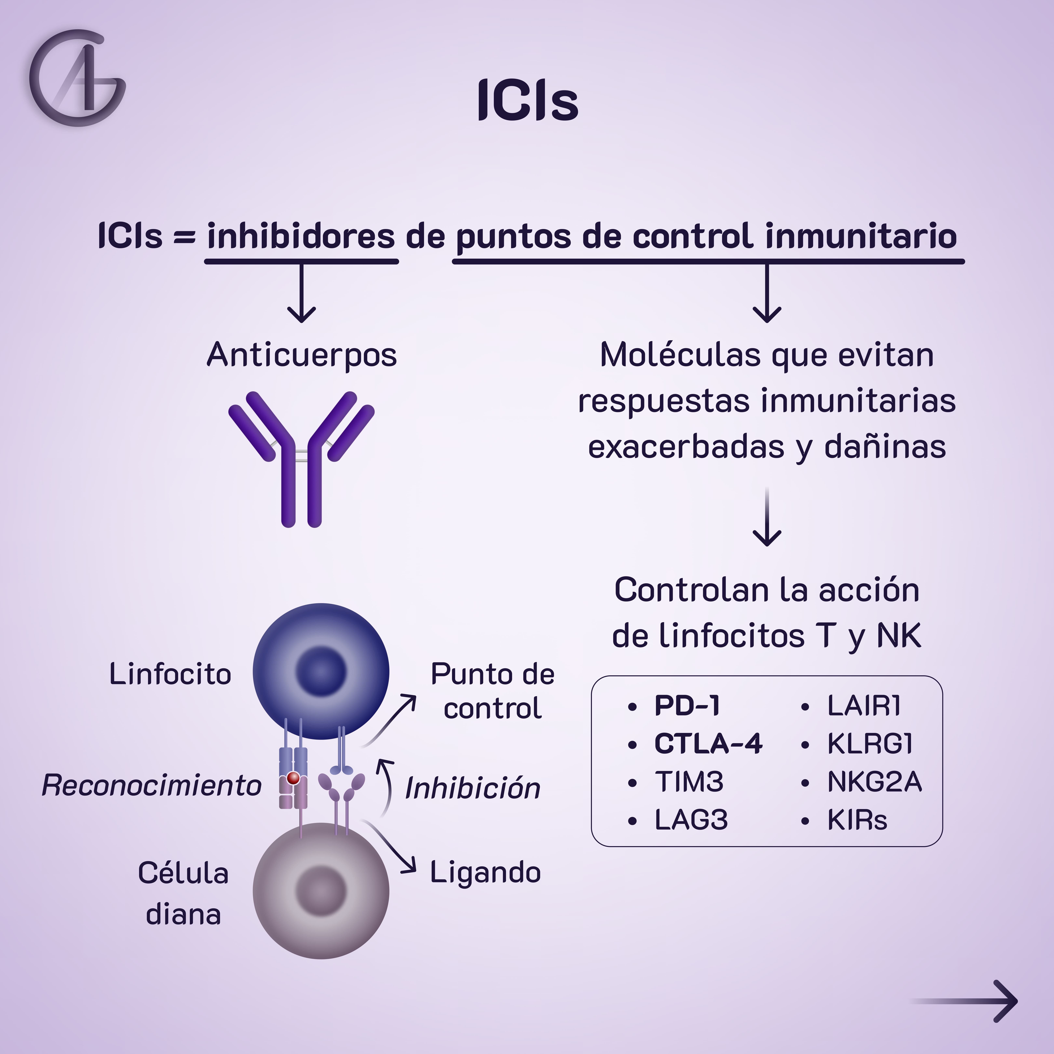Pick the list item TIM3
click(689, 782)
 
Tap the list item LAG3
click(691, 820)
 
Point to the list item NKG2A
click(874, 782)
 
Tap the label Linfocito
click(170, 674)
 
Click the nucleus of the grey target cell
click(321, 891)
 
